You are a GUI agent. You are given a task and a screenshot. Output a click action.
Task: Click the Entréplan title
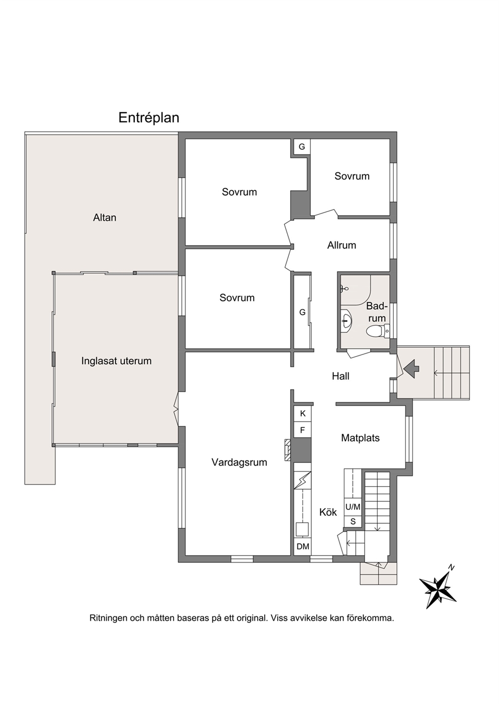[149, 118]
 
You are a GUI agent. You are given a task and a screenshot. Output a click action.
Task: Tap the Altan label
[105, 217]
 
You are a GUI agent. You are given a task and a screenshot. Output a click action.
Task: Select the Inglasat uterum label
[116, 361]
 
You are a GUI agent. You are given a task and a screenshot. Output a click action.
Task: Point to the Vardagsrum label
[239, 462]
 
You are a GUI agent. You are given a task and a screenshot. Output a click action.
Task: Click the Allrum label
[342, 245]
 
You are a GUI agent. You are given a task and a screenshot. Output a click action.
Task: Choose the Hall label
[341, 376]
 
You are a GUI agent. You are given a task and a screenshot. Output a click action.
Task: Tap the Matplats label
[360, 438]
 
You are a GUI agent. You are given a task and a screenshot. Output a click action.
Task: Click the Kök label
[328, 512]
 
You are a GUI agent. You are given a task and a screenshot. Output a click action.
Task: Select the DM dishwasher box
[303, 546]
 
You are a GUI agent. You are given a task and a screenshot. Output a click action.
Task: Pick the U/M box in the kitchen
[353, 507]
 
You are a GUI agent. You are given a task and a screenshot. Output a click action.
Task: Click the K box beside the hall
[302, 414]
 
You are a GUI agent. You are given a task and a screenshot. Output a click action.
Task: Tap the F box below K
[302, 430]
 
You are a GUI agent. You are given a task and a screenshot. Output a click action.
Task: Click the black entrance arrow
[411, 367]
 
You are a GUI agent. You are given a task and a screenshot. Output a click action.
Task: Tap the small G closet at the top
[302, 146]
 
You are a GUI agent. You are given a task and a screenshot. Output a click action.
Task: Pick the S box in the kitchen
[353, 522]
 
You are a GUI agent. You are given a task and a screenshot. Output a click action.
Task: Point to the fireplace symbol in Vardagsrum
[288, 450]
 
